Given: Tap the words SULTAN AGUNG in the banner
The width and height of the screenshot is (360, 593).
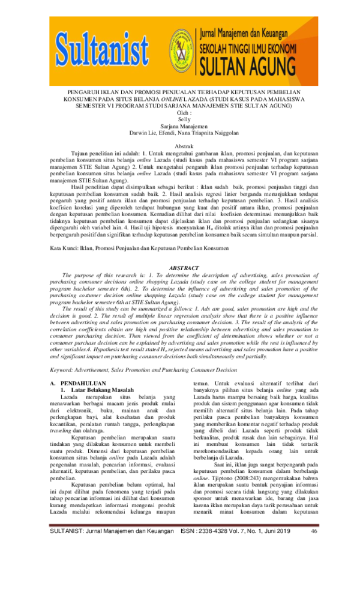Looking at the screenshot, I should point(268,64).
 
